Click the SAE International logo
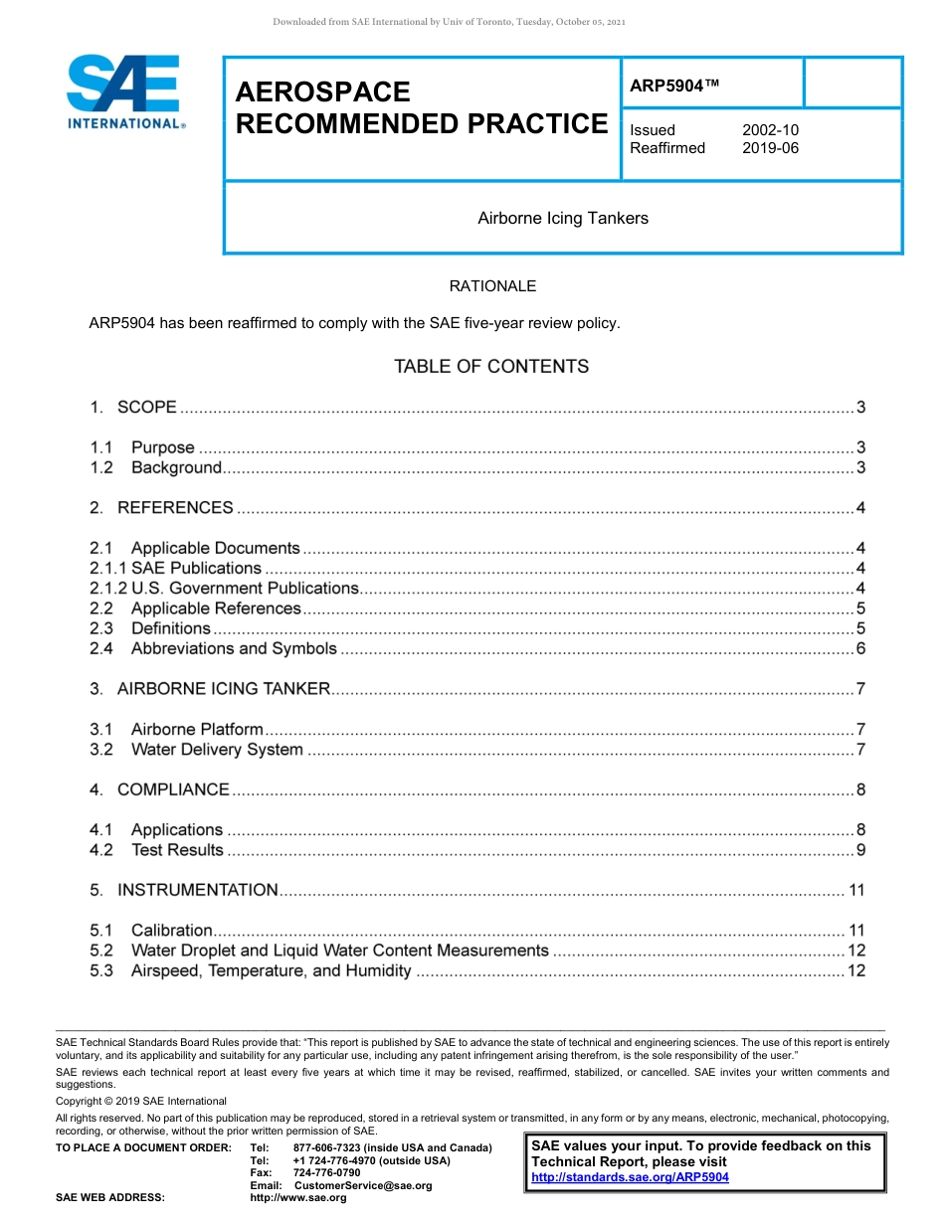(x=124, y=92)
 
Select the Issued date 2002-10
(x=770, y=130)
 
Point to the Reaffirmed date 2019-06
(x=770, y=148)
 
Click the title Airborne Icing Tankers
(x=562, y=218)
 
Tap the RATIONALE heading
(x=492, y=286)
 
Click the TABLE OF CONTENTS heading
(x=491, y=367)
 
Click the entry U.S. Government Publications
(x=244, y=589)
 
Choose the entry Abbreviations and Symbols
(x=234, y=648)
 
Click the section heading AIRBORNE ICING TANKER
(x=223, y=689)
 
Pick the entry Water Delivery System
(x=217, y=750)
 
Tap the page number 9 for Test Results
(x=860, y=850)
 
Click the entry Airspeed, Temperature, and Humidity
(x=271, y=970)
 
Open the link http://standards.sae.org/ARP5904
(x=630, y=1177)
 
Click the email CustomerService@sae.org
(x=363, y=1185)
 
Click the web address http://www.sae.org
(x=298, y=1198)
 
